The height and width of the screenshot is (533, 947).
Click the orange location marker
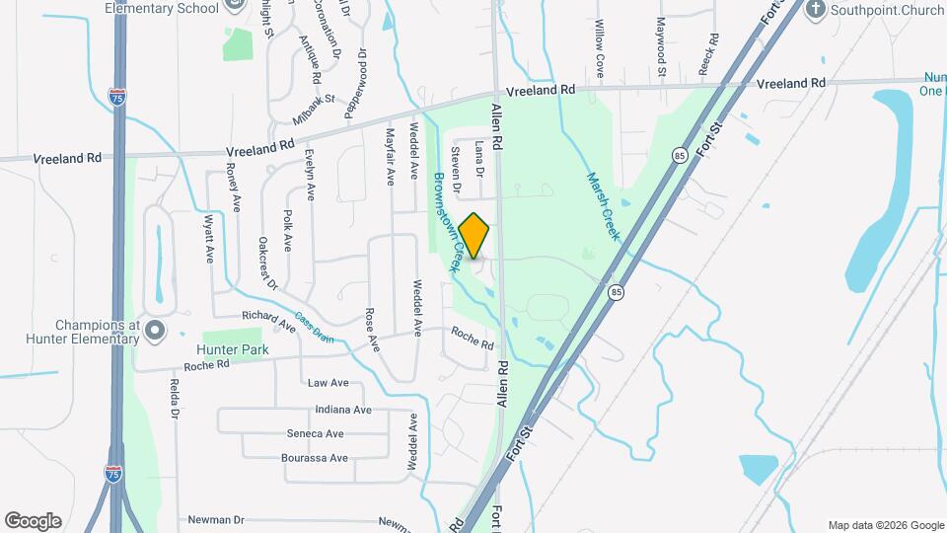[x=474, y=235]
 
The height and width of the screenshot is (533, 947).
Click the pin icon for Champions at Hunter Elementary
[x=154, y=331]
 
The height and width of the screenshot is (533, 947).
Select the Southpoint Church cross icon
[x=815, y=11]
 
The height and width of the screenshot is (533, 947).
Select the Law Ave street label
[x=328, y=383]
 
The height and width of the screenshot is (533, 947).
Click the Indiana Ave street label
[x=342, y=410]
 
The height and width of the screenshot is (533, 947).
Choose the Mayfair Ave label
[x=390, y=153]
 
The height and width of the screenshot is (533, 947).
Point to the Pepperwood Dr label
[x=355, y=86]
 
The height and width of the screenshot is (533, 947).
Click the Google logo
[x=33, y=520]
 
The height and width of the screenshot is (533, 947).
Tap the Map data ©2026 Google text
[x=885, y=525]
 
